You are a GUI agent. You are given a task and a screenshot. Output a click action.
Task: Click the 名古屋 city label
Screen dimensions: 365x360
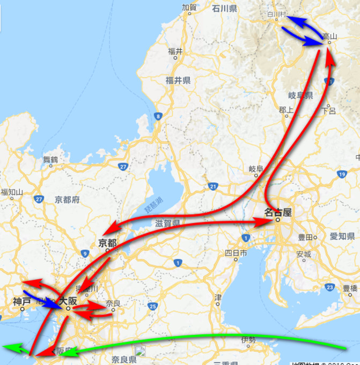(x=278, y=212)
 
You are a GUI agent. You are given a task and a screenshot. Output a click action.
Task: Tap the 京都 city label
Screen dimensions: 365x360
(x=107, y=243)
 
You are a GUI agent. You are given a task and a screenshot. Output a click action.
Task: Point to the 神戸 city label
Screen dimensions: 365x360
(x=22, y=302)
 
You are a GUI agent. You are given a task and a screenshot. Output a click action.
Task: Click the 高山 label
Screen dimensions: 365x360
(x=329, y=36)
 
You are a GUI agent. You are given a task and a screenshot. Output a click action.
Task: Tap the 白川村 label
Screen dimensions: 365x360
(x=274, y=14)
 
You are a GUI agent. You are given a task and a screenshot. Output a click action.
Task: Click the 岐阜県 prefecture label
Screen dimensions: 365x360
(x=300, y=96)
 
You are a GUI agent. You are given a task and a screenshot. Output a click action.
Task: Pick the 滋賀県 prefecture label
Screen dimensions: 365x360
(x=167, y=222)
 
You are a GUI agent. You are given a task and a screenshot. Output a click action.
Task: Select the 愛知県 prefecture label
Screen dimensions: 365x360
(x=342, y=236)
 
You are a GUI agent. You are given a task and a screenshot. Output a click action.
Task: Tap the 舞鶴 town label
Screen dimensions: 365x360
(x=50, y=159)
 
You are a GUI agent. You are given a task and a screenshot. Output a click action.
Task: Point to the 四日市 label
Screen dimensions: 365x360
(x=236, y=252)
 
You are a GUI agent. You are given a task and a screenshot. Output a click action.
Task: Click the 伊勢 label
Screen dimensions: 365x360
(x=248, y=339)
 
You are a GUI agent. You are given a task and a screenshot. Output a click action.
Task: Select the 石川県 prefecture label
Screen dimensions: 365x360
(x=224, y=9)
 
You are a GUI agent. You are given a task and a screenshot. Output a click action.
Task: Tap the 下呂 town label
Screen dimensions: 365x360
(x=328, y=111)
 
